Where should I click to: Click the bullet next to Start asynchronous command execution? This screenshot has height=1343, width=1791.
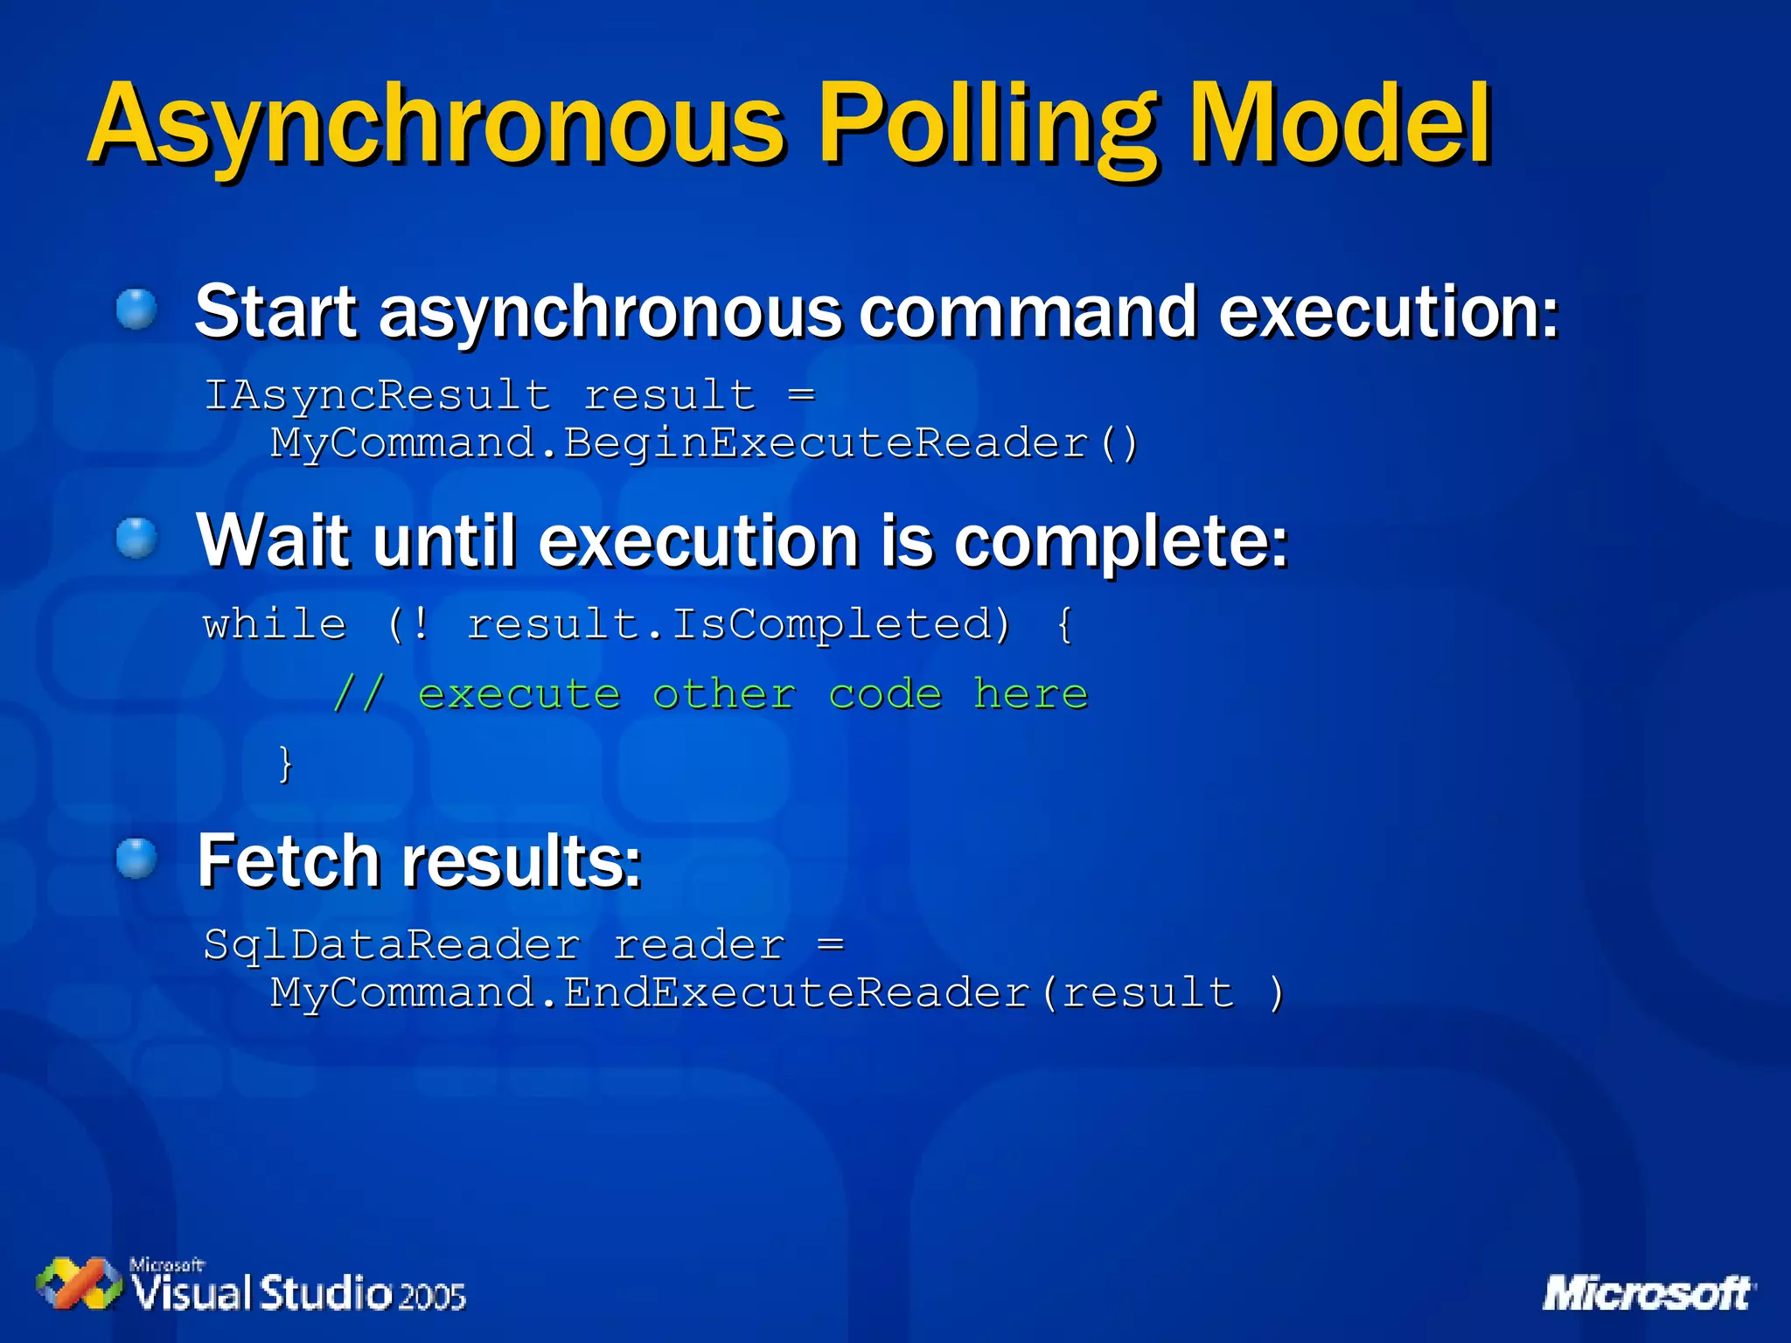pos(136,310)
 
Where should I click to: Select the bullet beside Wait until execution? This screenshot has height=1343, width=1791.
pos(136,537)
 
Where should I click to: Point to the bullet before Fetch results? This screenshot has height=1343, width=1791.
pos(136,858)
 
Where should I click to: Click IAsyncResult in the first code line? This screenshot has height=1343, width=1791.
pos(378,395)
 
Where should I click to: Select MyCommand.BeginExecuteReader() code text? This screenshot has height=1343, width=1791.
pos(704,443)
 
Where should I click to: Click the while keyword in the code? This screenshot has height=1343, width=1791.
pos(275,624)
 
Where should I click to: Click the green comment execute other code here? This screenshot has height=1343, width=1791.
pos(710,694)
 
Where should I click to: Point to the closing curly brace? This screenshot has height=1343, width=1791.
pos(285,763)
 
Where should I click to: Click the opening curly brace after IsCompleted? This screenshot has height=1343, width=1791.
pos(1064,624)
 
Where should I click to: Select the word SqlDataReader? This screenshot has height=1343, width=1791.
pos(392,945)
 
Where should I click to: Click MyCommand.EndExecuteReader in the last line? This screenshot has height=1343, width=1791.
pos(650,993)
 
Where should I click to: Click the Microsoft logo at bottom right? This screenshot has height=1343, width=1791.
pos(1648,1293)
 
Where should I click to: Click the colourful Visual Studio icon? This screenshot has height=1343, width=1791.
pos(80,1284)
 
